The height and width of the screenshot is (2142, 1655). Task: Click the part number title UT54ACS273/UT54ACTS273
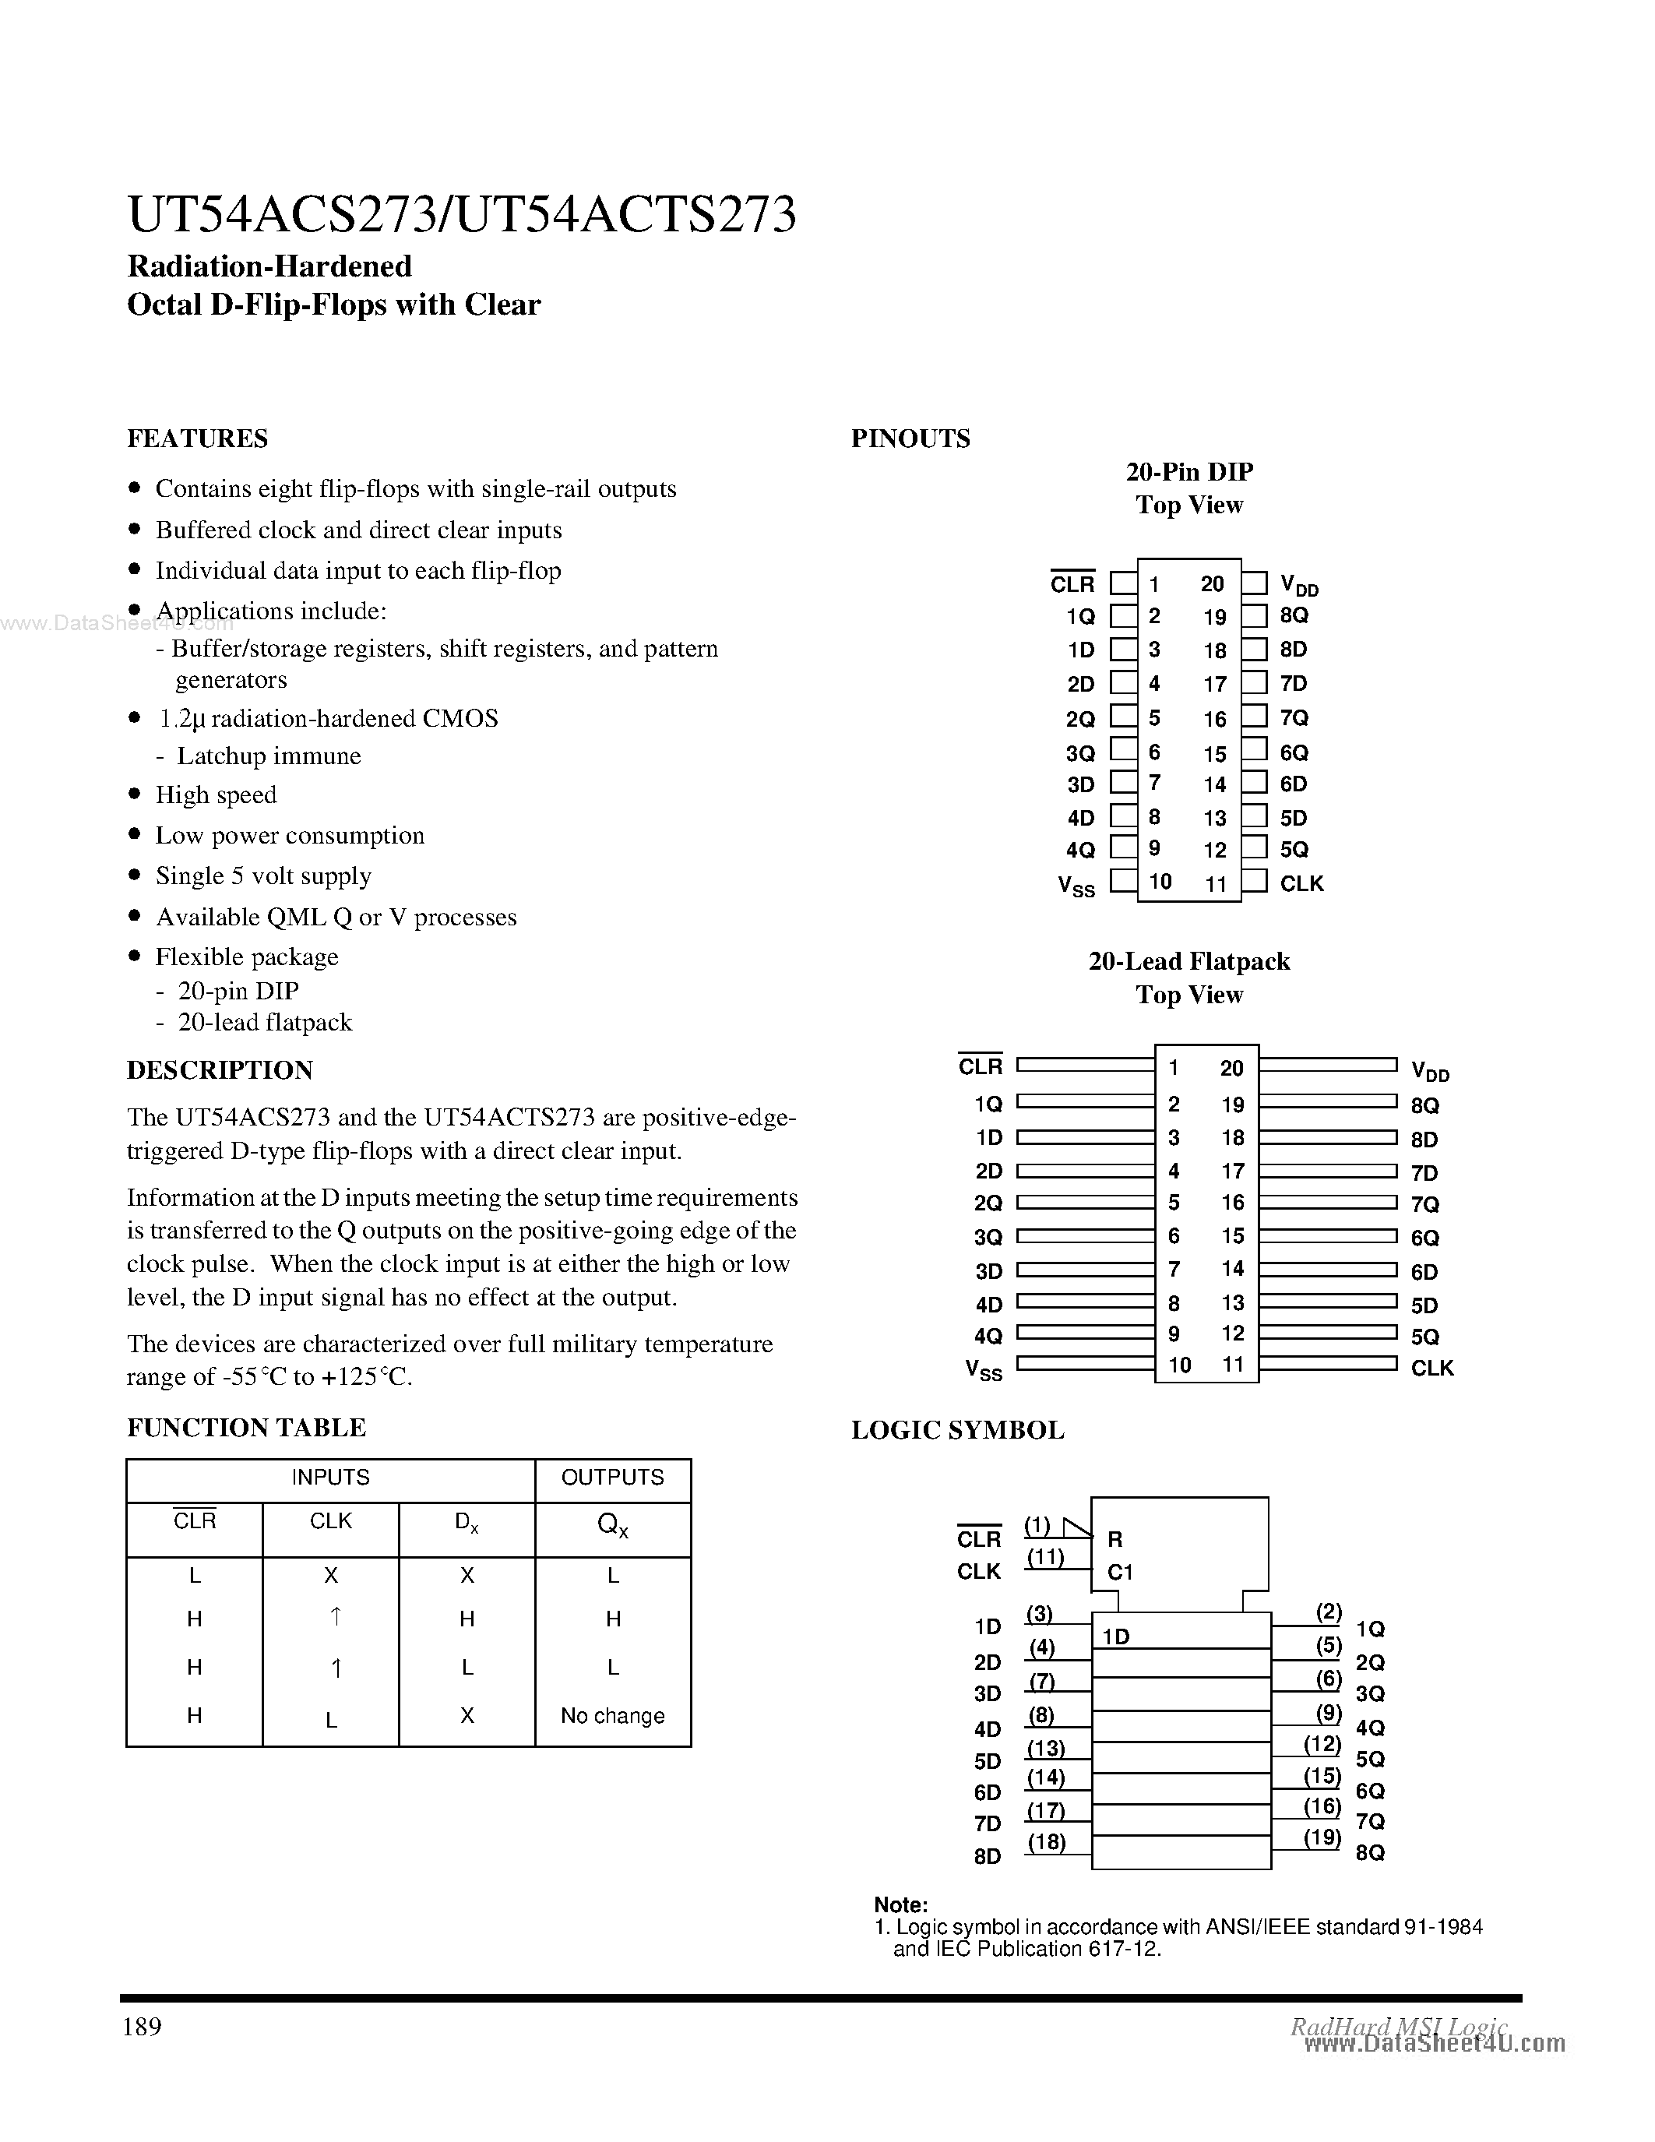pos(461,215)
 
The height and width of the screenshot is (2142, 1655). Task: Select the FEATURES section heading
pos(197,439)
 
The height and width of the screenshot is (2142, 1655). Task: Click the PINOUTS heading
pos(910,439)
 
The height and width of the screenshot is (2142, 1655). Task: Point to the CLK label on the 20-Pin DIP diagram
pos(1301,884)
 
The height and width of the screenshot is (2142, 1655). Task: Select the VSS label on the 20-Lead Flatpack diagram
pos(984,1370)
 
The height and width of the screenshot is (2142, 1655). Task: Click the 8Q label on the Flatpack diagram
pos(1424,1105)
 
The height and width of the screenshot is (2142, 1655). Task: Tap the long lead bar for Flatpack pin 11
pos(1328,1363)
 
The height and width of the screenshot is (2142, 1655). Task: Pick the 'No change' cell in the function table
pos(612,1715)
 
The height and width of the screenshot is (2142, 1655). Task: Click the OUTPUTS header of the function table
pos(612,1477)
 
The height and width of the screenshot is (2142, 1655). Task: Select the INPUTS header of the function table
pos(330,1477)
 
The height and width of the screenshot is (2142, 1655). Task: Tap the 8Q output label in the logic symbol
pos(1370,1853)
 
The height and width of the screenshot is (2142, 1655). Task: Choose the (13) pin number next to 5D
pos(1045,1748)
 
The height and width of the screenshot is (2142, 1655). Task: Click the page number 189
pos(143,2026)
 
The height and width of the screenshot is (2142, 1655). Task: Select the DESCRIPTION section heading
pos(220,1070)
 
